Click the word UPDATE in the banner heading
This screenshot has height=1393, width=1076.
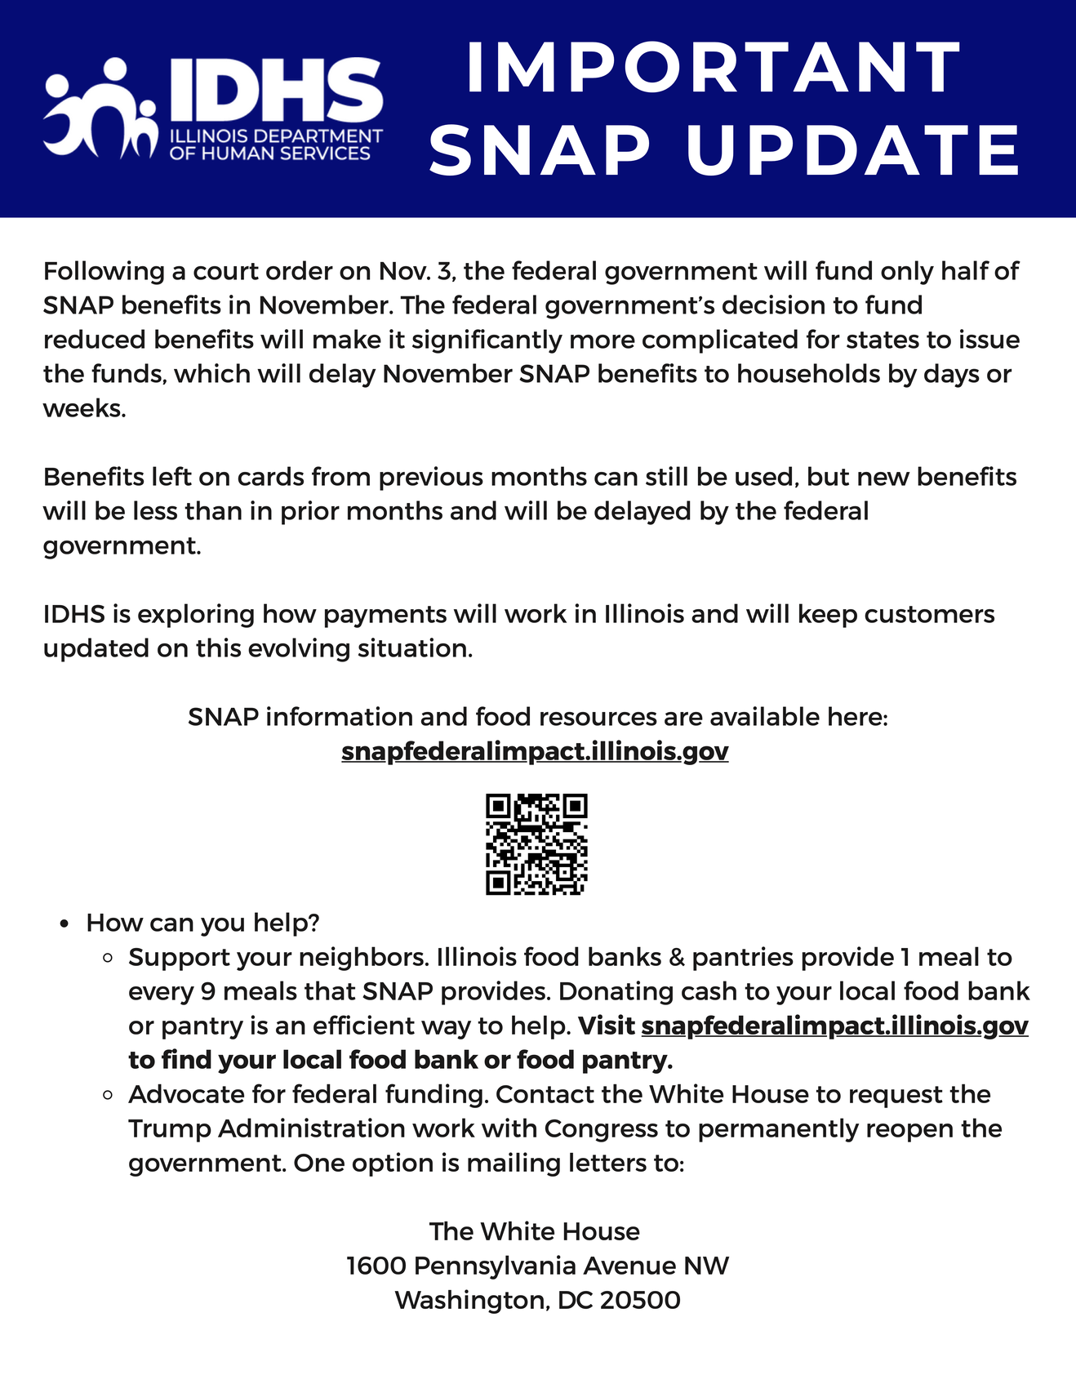pos(853,150)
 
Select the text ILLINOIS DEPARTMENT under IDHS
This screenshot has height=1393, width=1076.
pos(276,136)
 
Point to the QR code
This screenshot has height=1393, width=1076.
pos(536,844)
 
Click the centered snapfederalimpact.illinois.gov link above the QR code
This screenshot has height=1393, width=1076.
pos(535,751)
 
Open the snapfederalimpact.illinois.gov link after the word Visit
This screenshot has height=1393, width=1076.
pos(834,1026)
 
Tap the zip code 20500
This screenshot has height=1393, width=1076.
pos(640,1300)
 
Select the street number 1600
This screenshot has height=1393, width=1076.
pos(376,1266)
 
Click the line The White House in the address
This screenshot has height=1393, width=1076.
pos(535,1231)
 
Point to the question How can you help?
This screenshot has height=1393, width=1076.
pos(202,923)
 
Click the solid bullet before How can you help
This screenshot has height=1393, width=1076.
pos(64,924)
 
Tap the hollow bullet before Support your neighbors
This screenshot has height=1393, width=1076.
pos(107,958)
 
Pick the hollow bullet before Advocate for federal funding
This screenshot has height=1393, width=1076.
pos(107,1095)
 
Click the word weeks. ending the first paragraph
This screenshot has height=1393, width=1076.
pos(84,408)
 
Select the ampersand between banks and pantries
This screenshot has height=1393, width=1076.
pos(676,957)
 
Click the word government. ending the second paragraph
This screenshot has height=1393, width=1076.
pos(122,545)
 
